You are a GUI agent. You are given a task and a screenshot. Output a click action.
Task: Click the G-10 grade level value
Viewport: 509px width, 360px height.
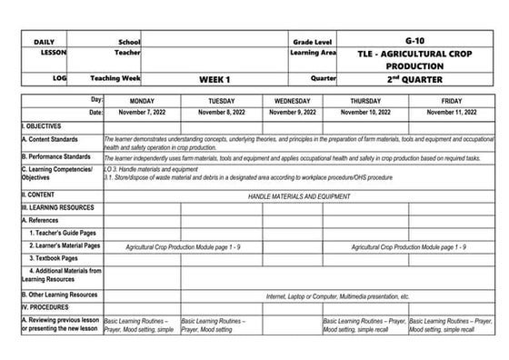413,42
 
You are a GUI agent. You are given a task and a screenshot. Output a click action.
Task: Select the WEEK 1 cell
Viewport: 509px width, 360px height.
215,79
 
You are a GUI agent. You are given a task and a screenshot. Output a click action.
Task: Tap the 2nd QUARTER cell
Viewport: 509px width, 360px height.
414,79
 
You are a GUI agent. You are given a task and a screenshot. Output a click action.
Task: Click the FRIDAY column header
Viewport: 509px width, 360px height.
451,100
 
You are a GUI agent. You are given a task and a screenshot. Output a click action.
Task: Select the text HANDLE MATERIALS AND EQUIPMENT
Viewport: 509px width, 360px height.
298,195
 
